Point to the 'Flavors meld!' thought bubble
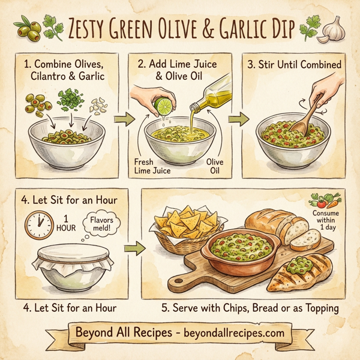click(x=103, y=223)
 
